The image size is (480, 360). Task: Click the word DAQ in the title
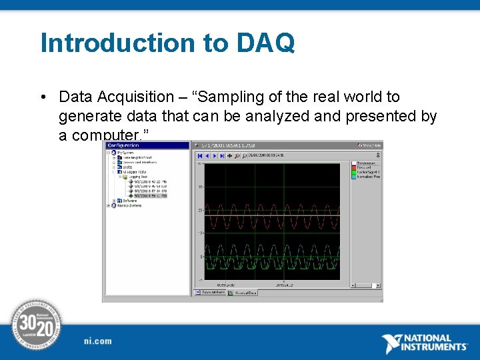click(265, 43)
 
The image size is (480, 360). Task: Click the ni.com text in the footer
click(98, 341)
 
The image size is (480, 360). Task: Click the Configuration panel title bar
click(147, 145)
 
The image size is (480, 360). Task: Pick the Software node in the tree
click(129, 201)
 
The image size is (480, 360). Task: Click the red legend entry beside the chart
click(366, 167)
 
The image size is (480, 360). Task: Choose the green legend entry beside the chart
click(366, 172)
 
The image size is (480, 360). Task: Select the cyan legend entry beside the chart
click(366, 177)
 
